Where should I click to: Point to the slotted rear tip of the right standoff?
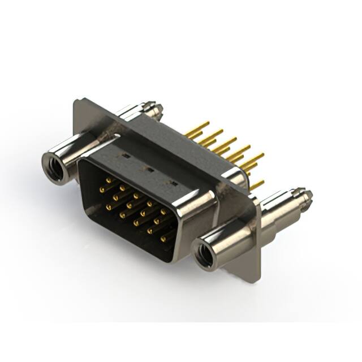(x=306, y=196)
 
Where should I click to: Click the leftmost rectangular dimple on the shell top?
(x=126, y=154)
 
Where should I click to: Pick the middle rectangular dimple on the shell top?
(x=150, y=168)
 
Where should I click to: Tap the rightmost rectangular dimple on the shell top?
(x=174, y=183)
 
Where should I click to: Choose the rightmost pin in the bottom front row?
(x=164, y=239)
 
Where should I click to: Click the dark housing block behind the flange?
(x=170, y=136)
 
